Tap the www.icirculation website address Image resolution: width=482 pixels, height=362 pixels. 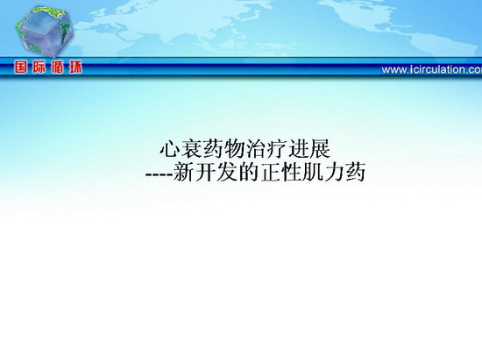point(431,69)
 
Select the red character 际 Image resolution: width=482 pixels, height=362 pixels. point(39,67)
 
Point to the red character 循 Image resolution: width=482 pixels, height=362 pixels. point(57,67)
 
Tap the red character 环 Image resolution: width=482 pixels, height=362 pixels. point(75,67)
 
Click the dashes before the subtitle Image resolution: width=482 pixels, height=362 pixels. point(159,174)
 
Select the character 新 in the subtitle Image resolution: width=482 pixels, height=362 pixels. point(183,172)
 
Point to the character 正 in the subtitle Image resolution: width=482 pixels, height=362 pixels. point(270,172)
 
